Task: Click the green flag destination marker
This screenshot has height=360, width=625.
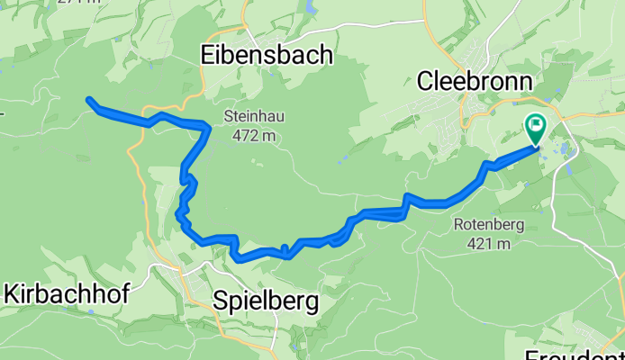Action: coord(536,129)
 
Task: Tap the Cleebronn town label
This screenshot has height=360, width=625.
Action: coord(475,82)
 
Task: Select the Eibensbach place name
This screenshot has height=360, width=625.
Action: coord(265,56)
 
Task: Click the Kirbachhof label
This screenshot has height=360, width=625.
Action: coord(68,293)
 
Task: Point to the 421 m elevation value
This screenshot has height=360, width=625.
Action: coord(489,243)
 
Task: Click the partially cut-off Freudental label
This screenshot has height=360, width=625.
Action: coord(576,352)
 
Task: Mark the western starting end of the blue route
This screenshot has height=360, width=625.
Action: coord(88,100)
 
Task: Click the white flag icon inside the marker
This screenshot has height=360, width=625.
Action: coord(537,126)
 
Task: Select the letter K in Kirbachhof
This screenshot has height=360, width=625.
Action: coord(12,293)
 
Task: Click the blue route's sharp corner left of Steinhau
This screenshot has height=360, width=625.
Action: coord(209,129)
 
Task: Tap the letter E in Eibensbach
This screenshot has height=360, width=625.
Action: coord(204,56)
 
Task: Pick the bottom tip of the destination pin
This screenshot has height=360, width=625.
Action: coord(536,145)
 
